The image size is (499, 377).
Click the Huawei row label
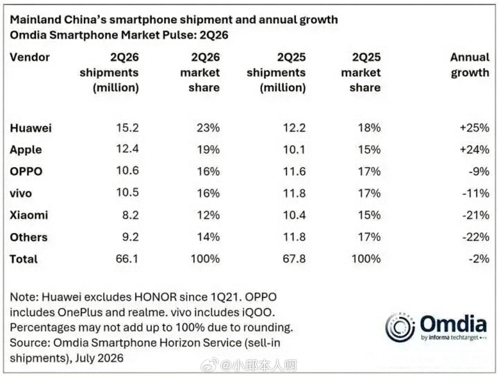pyautogui.click(x=30, y=128)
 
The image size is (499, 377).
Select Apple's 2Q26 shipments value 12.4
pyautogui.click(x=127, y=149)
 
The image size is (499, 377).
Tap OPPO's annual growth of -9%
pyautogui.click(x=479, y=172)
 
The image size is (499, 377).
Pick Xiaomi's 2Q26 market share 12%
pyautogui.click(x=208, y=215)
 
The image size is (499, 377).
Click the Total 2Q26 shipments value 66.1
pyautogui.click(x=127, y=258)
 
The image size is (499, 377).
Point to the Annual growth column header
pyautogui.click(x=470, y=65)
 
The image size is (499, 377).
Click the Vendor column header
pyautogui.click(x=30, y=57)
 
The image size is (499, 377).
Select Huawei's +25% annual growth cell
pyautogui.click(x=475, y=127)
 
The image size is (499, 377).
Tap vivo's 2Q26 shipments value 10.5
pyautogui.click(x=127, y=192)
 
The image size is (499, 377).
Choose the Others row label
pyautogui.click(x=29, y=237)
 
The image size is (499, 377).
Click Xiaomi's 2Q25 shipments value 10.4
pyautogui.click(x=294, y=215)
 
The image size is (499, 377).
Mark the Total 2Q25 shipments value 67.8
pyautogui.click(x=294, y=258)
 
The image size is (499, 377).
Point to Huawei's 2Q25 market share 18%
pyautogui.click(x=369, y=127)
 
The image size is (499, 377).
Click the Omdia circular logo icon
pyautogui.click(x=400, y=327)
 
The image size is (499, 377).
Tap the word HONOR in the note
pyautogui.click(x=156, y=297)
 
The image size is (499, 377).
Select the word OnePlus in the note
pyautogui.click(x=80, y=313)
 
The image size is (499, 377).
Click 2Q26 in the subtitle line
pyautogui.click(x=214, y=35)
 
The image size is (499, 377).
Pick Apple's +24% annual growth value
pyautogui.click(x=475, y=149)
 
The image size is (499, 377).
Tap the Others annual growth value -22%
pyautogui.click(x=476, y=237)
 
